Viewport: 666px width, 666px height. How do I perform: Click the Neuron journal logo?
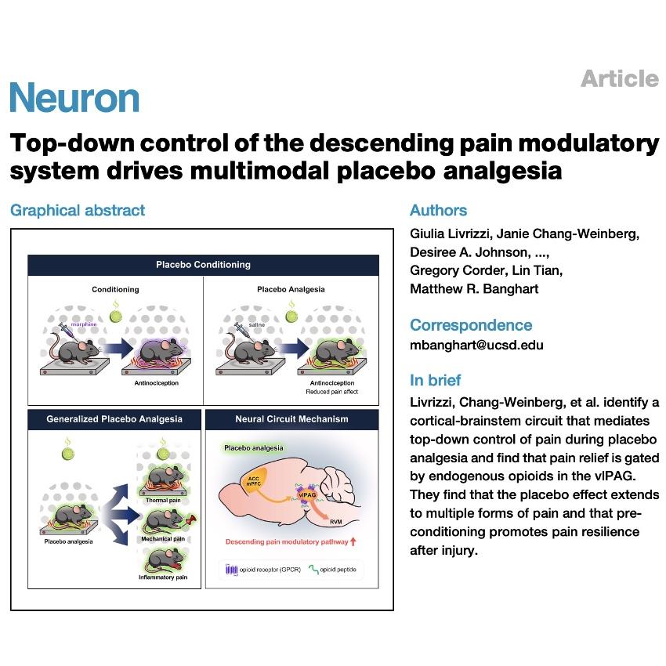(74, 98)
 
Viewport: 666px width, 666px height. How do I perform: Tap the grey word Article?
(620, 78)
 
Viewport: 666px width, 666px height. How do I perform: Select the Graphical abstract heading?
(78, 210)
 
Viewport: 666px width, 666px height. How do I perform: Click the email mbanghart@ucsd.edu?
(476, 345)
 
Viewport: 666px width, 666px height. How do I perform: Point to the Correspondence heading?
(471, 325)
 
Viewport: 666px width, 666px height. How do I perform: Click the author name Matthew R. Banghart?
(474, 289)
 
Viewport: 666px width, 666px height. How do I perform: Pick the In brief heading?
(436, 380)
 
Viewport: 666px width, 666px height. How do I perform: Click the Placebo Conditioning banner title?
(203, 265)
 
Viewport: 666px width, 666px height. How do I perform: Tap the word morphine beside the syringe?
(84, 324)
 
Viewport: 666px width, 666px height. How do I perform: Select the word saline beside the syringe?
(256, 324)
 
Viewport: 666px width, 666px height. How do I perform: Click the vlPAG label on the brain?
(306, 495)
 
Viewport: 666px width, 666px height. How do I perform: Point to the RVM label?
(336, 522)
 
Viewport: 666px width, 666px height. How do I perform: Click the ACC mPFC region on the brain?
(254, 481)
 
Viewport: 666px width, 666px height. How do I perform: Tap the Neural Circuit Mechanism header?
(291, 419)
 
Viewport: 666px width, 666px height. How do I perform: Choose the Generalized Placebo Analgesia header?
(114, 419)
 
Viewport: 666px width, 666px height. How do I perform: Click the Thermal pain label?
(163, 501)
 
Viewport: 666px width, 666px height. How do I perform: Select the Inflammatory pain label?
(163, 577)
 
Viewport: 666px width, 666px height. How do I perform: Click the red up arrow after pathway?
(353, 541)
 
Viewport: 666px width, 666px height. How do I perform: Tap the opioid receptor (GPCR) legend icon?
(231, 569)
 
